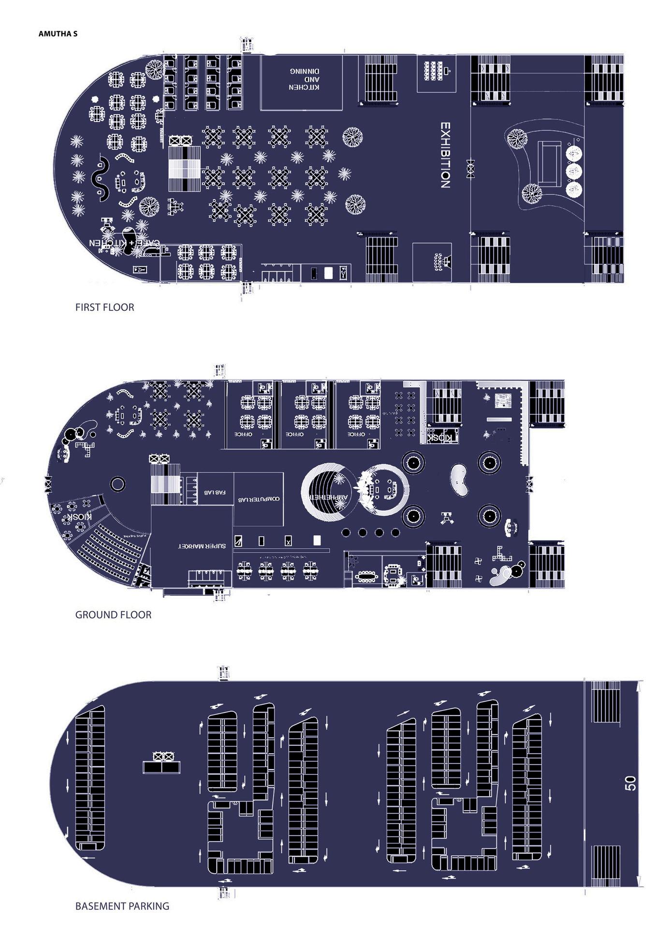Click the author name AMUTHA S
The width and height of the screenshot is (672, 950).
[58, 34]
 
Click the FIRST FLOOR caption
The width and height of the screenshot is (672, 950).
[104, 307]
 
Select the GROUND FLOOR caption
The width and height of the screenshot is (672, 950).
[113, 614]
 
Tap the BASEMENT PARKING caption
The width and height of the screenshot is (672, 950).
[122, 906]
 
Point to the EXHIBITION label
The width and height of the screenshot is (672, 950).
[445, 155]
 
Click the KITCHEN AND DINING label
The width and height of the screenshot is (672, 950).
[304, 79]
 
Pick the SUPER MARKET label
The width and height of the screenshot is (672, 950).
[202, 546]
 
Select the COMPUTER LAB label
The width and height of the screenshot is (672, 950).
[259, 499]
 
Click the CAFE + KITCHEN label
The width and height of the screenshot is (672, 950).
[124, 242]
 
